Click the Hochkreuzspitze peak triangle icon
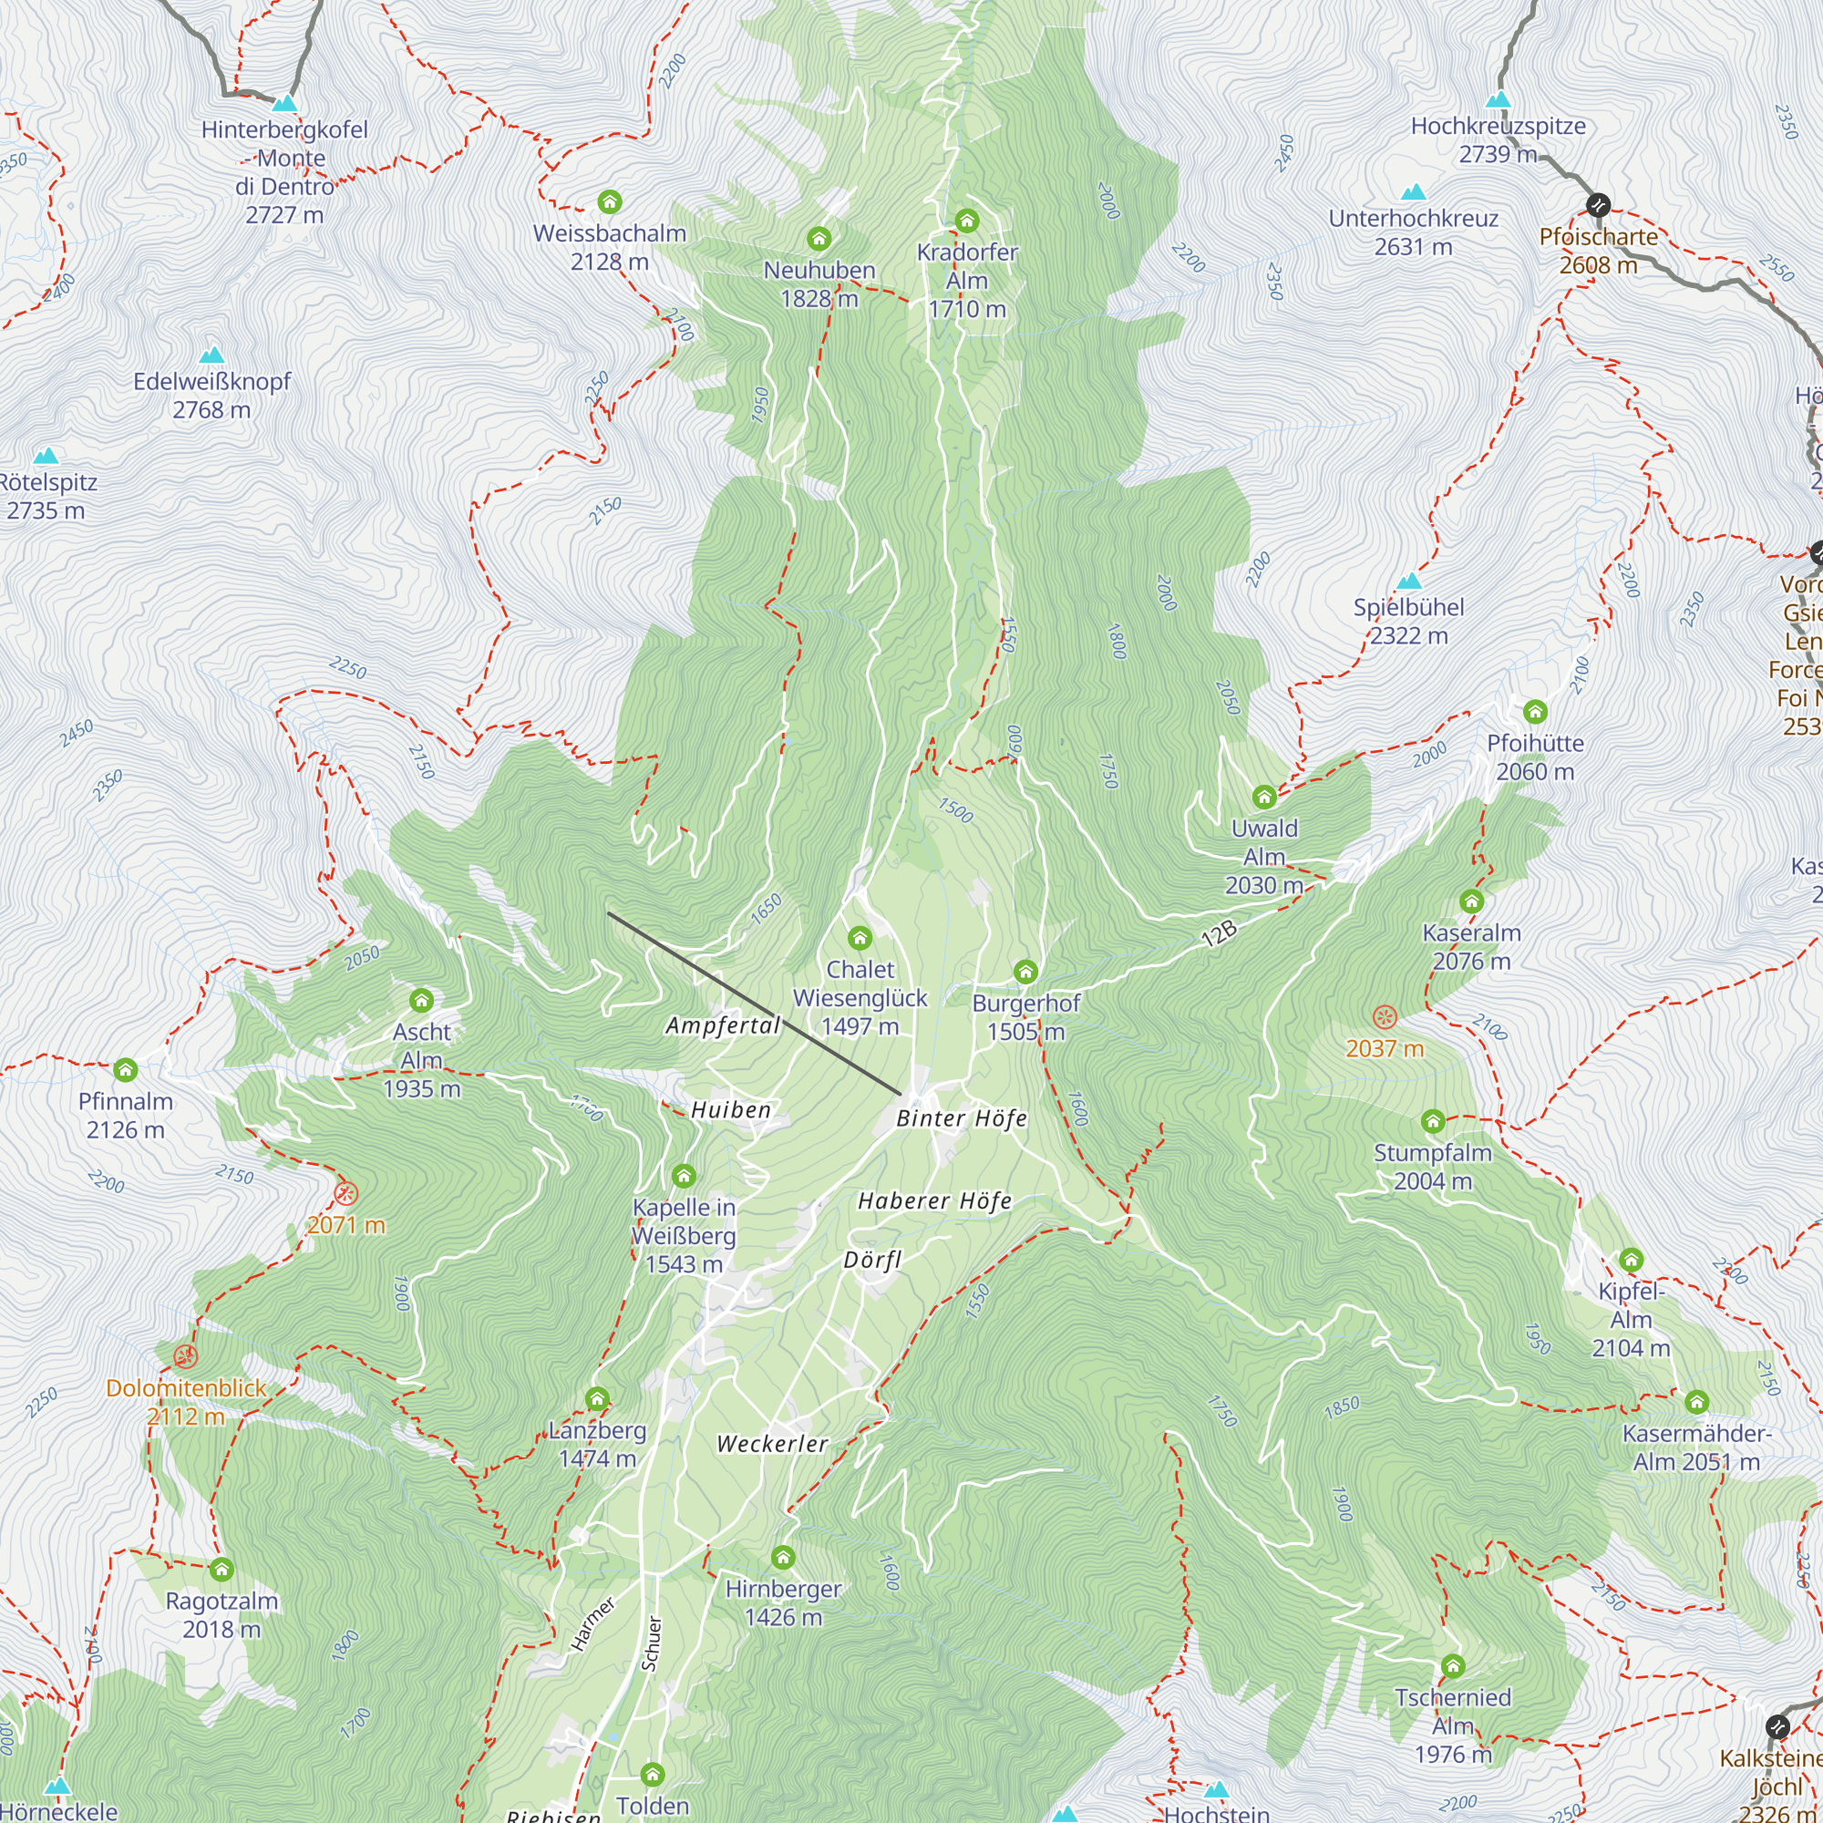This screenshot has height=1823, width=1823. [x=1498, y=99]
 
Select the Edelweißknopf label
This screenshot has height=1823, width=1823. [x=211, y=382]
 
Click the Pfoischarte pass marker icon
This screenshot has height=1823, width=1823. [x=1598, y=204]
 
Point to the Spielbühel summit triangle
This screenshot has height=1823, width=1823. [x=1409, y=581]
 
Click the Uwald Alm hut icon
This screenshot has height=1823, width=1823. [x=1264, y=798]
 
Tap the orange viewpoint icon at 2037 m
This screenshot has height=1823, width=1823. [x=1385, y=1017]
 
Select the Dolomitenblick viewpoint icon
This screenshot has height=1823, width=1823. [x=185, y=1357]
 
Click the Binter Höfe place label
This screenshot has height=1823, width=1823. [x=962, y=1119]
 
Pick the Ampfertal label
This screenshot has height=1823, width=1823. [x=723, y=1025]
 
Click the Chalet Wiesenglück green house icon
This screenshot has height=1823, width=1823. [x=859, y=938]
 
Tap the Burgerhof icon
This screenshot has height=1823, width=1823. [x=1025, y=971]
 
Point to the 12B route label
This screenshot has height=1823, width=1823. [x=1219, y=934]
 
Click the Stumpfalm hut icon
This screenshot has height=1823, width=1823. [x=1432, y=1121]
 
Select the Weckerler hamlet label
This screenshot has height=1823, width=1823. [x=772, y=1445]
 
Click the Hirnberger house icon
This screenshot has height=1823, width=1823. [x=782, y=1557]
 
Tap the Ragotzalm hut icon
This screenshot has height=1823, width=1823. [x=221, y=1570]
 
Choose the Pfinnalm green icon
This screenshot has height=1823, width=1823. [x=126, y=1070]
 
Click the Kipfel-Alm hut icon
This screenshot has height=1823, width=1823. [x=1631, y=1260]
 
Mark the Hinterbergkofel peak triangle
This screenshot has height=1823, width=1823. [x=284, y=103]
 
